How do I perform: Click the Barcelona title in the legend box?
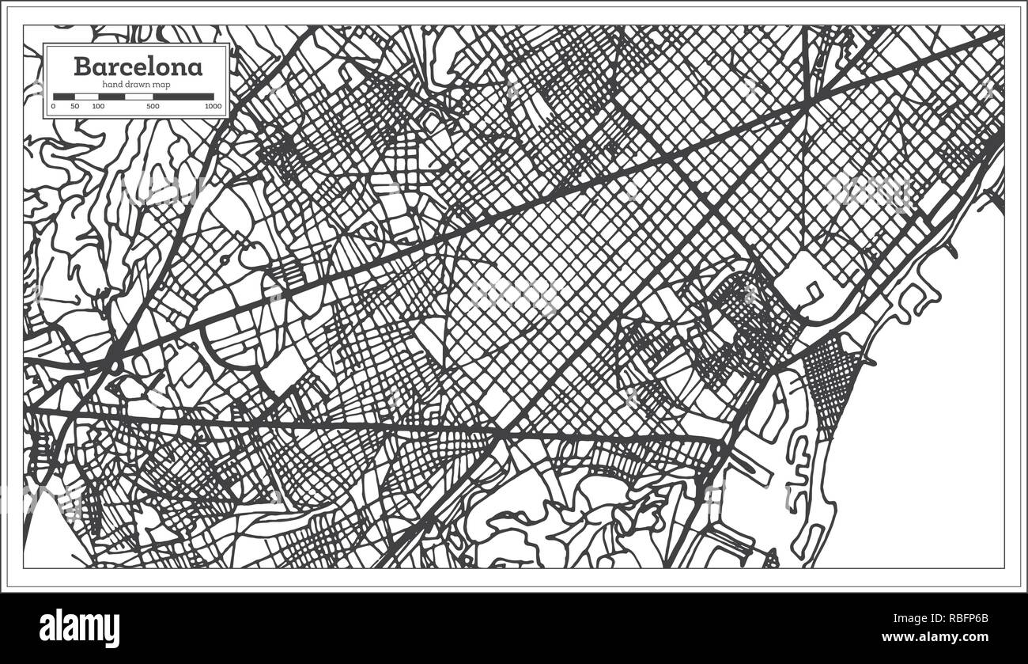click(x=138, y=66)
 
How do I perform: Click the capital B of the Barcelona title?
click(x=81, y=66)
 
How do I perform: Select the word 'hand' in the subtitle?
click(x=112, y=85)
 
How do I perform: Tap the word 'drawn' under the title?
click(x=139, y=85)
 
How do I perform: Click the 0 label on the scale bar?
click(x=54, y=106)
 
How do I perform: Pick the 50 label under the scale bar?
click(x=74, y=106)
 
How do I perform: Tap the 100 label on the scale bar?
click(x=98, y=106)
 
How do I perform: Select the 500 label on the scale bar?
click(x=153, y=106)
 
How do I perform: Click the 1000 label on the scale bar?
click(x=212, y=106)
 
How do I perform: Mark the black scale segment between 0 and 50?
click(x=64, y=97)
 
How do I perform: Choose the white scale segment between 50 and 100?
click(x=85, y=97)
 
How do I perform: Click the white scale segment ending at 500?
click(x=139, y=97)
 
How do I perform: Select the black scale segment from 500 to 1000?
click(x=183, y=97)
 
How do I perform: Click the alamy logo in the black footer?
click(x=79, y=628)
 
